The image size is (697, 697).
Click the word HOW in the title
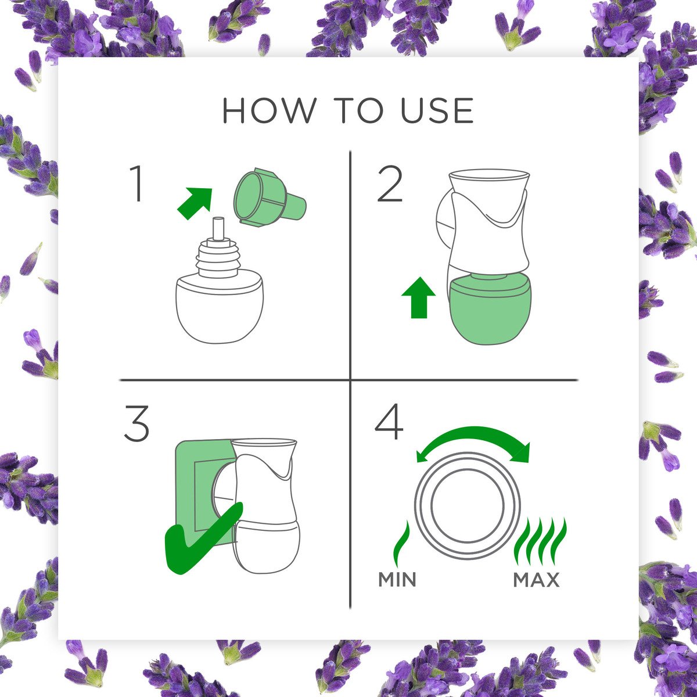pyautogui.click(x=269, y=110)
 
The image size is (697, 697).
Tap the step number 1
pyautogui.click(x=136, y=184)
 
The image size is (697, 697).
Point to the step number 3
pyautogui.click(x=136, y=423)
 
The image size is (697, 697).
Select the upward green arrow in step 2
pyautogui.click(x=418, y=297)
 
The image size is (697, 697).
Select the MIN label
pyautogui.click(x=397, y=580)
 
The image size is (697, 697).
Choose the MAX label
pyautogui.click(x=537, y=580)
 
